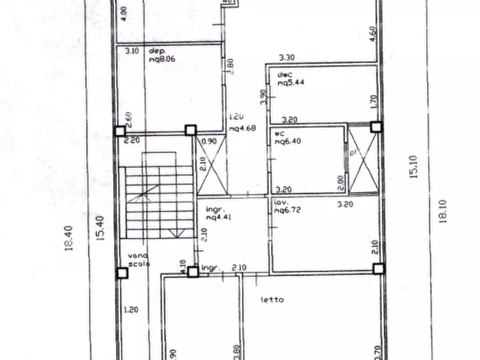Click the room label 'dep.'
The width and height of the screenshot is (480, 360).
coord(156,52)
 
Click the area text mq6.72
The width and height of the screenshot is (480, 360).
coord(286,211)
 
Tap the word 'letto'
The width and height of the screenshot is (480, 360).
coord(272,300)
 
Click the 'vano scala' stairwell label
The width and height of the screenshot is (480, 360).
coord(138,260)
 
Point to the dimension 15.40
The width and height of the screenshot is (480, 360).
coord(99,228)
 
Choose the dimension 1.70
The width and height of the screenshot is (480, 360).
coord(373,101)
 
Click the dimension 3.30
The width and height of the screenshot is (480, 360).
coord(288,57)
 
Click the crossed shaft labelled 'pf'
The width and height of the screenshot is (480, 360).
coord(363,160)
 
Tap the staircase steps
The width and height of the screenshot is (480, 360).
coord(159,201)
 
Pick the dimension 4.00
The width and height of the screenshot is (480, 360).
coord(124,13)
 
